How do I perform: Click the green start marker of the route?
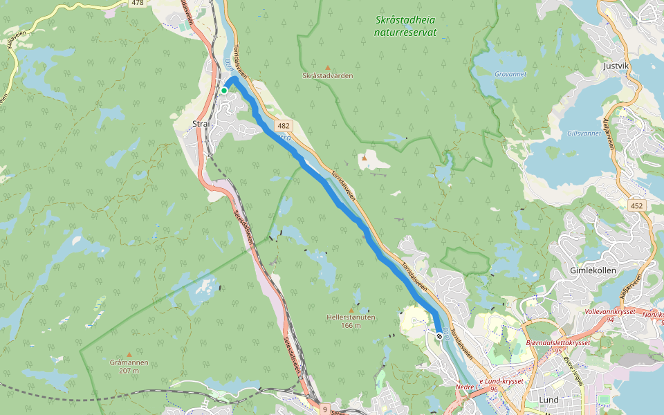click(224, 90)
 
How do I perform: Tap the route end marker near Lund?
click(439, 336)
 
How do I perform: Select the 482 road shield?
click(284, 126)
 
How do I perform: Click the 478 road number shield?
click(138, 3)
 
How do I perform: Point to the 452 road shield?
click(637, 205)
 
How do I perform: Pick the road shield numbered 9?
click(324, 409)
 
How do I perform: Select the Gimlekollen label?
click(593, 270)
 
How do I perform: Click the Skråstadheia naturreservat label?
click(405, 26)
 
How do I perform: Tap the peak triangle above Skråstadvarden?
click(328, 67)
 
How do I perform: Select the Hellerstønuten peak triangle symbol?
click(351, 309)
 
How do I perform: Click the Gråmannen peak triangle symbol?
click(129, 353)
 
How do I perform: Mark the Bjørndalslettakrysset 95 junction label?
click(557, 347)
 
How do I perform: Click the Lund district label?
click(548, 400)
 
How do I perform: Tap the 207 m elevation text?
click(129, 371)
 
